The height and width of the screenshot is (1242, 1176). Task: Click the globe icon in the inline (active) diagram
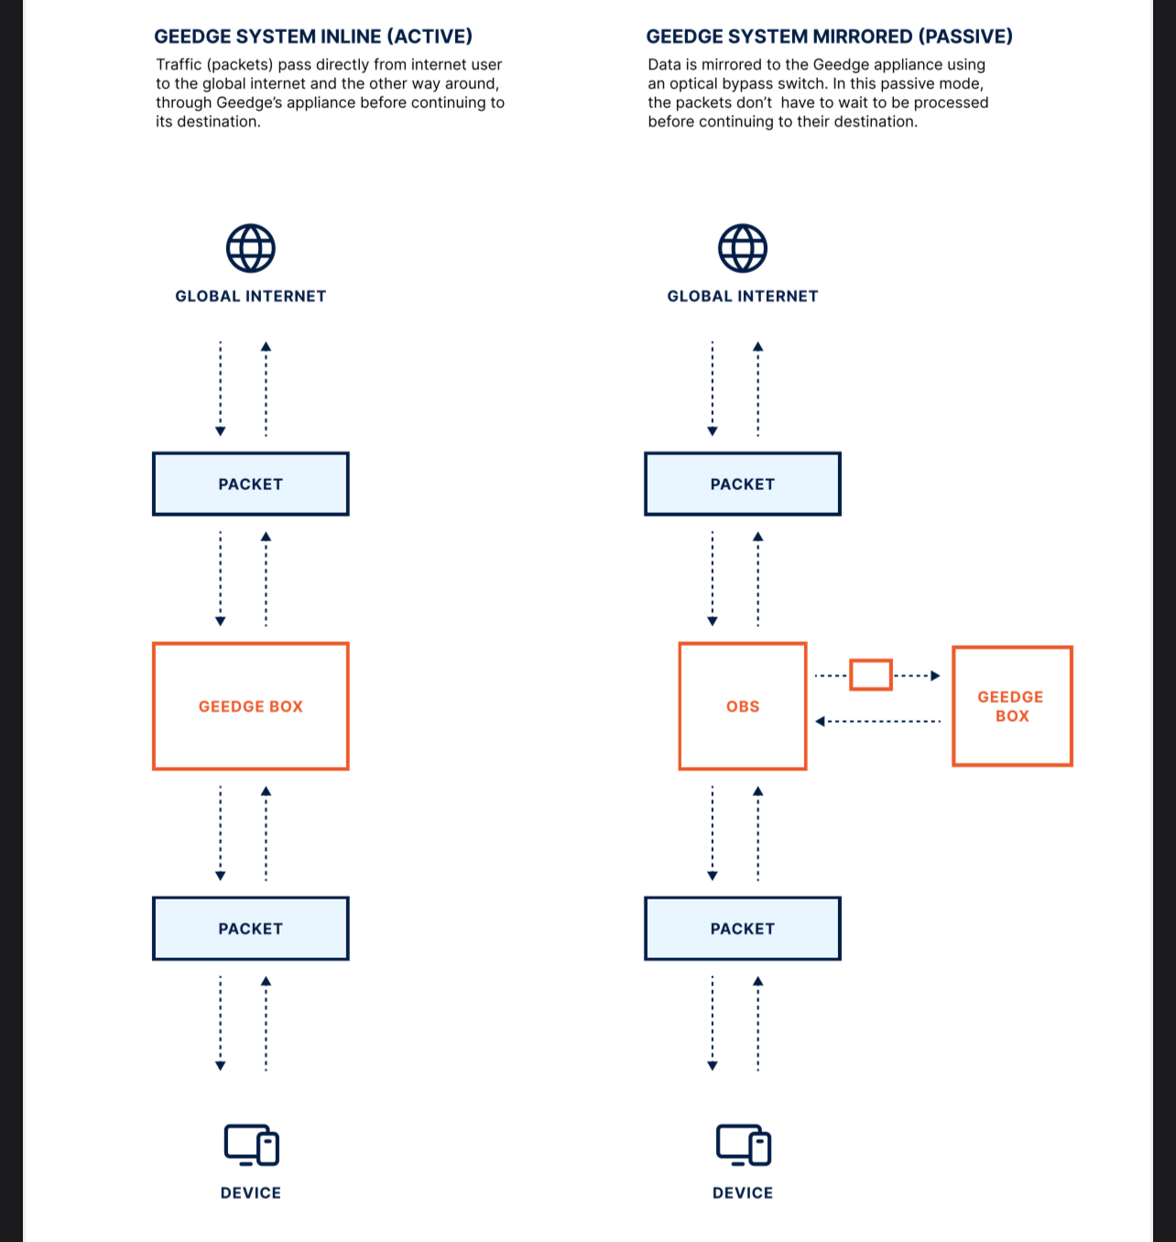[x=250, y=248]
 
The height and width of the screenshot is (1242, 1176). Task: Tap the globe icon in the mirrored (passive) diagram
[x=743, y=248]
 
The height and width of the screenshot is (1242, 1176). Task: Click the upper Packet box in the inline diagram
[x=250, y=484]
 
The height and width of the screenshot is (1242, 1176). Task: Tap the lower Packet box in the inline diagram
[x=250, y=928]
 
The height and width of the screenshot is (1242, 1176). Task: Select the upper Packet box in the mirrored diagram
[x=743, y=484]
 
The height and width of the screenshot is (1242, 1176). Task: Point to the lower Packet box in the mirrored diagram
[x=743, y=928]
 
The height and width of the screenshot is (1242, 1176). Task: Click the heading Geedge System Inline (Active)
[x=313, y=37]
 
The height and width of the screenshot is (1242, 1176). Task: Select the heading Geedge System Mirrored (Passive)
[x=829, y=37]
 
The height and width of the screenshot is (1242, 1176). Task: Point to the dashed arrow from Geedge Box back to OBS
[x=877, y=721]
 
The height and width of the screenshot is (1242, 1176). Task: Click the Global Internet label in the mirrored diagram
[x=743, y=296]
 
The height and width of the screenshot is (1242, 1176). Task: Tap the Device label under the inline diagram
[x=250, y=1193]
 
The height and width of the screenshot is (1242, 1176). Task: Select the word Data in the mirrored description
[x=664, y=64]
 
